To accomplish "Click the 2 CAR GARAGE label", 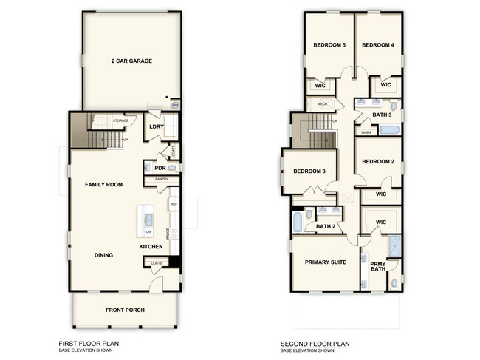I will [x=131, y=61].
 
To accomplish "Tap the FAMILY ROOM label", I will [x=103, y=184].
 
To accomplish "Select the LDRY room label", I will [x=156, y=126].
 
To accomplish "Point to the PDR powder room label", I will [x=159, y=168].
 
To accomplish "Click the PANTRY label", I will [x=162, y=180].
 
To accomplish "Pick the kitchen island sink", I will [x=146, y=218].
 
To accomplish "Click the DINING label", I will [x=103, y=255].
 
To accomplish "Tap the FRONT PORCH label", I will [x=123, y=309].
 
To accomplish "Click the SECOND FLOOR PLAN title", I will [x=315, y=343].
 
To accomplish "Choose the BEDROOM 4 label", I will [x=377, y=45].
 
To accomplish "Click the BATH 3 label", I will [x=383, y=115].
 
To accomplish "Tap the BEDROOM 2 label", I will [x=378, y=161].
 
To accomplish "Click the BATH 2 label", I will [x=326, y=227].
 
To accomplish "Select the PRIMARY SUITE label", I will [x=325, y=261].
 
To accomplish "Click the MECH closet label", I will [x=322, y=104].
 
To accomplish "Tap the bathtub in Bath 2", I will [x=298, y=222].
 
